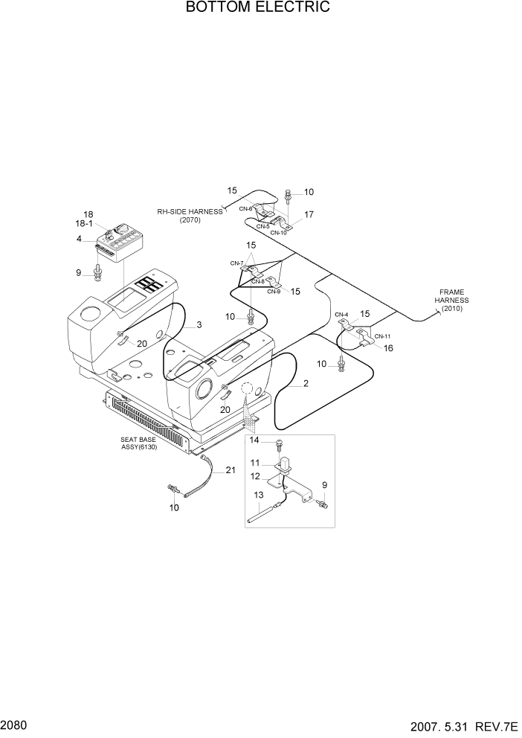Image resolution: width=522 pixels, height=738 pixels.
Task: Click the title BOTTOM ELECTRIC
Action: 258,8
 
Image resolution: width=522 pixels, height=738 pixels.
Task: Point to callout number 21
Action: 231,470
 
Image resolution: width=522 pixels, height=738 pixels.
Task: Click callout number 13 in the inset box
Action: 259,495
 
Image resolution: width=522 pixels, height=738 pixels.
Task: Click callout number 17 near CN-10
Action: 309,214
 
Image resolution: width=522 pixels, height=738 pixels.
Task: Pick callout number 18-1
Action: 84,224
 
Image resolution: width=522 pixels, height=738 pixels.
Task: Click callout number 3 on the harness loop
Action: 199,325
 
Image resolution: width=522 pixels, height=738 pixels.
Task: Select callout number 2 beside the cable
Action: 305,384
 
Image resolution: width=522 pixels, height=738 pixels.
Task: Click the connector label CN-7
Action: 236,263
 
